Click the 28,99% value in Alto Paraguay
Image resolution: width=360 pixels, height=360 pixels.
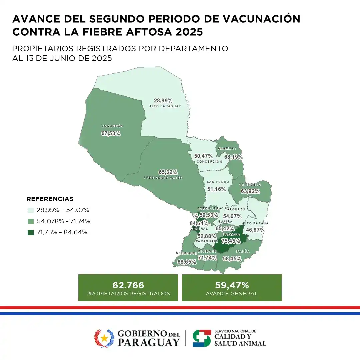(x=163, y=100)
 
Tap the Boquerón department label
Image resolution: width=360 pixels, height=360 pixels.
(x=113, y=126)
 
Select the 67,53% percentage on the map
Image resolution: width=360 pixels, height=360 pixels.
(x=111, y=133)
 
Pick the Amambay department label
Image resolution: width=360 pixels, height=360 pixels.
(x=227, y=148)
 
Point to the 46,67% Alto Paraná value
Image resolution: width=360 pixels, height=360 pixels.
(x=255, y=230)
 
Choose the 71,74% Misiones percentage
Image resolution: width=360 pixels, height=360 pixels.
(x=207, y=258)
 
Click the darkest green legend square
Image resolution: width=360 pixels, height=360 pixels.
(x=31, y=232)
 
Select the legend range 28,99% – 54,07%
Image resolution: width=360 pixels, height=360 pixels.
(x=63, y=210)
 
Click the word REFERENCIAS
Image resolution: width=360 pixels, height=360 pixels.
(x=50, y=199)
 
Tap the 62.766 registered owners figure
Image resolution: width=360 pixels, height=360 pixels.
(x=128, y=285)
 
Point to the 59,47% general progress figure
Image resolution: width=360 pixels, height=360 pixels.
(x=232, y=285)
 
